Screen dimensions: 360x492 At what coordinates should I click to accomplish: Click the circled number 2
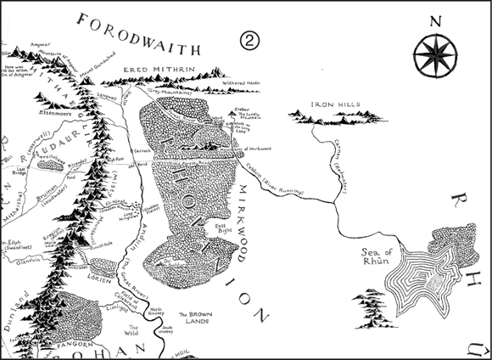pyautogui.click(x=249, y=40)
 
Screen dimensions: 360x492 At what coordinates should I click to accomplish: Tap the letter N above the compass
pyautogui.click(x=434, y=21)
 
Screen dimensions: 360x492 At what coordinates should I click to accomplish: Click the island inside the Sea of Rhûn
pyautogui.click(x=430, y=276)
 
